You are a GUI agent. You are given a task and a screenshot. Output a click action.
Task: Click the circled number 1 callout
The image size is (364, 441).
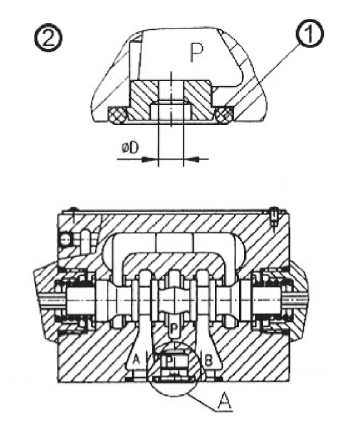pyautogui.click(x=309, y=34)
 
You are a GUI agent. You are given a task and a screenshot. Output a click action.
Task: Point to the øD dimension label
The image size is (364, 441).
pyautogui.click(x=130, y=148)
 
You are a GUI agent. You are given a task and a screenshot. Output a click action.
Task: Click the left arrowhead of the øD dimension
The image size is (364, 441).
pyautogui.click(x=148, y=159)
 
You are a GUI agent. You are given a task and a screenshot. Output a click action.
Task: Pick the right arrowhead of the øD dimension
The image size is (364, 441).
pyautogui.click(x=191, y=159)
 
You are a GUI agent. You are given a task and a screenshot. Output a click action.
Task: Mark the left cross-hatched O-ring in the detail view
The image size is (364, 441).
pyautogui.click(x=117, y=116)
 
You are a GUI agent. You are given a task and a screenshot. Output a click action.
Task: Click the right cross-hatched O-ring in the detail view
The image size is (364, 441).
pyautogui.click(x=223, y=116)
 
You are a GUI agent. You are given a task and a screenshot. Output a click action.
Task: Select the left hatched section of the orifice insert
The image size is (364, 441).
pyautogui.click(x=144, y=99)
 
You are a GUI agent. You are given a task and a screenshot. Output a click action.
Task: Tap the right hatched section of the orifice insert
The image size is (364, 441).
pyautogui.click(x=198, y=99)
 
